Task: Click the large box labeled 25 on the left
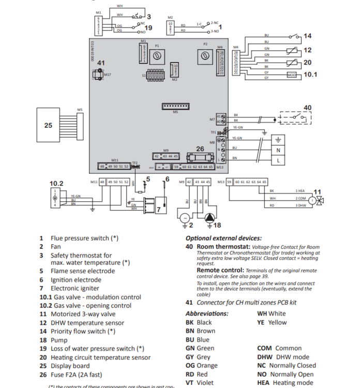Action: (48, 125)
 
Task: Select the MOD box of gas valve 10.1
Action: (292, 75)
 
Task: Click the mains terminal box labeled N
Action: (279, 151)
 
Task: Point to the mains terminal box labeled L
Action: (279, 161)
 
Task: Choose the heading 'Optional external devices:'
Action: (223, 238)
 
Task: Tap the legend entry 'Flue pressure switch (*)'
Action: (84, 238)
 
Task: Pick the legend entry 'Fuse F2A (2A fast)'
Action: (81, 374)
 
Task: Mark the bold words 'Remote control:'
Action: (220, 270)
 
